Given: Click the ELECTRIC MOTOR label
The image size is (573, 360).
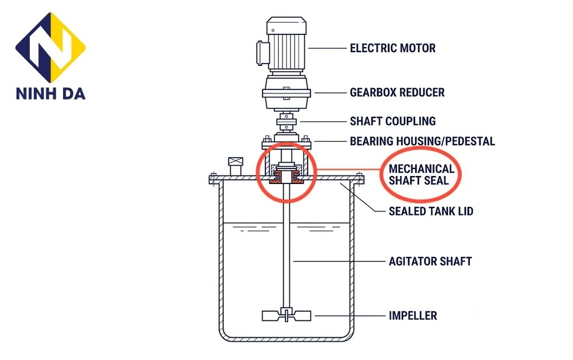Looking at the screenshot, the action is click(x=393, y=48).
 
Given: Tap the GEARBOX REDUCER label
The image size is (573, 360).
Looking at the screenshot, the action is click(x=397, y=92).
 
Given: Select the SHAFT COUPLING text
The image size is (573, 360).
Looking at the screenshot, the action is click(x=393, y=121).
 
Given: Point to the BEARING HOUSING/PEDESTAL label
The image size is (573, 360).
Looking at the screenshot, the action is click(x=422, y=141).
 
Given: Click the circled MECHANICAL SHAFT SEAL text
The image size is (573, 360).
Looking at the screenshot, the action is click(x=421, y=174).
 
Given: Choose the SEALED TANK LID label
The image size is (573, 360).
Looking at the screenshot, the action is click(x=431, y=212).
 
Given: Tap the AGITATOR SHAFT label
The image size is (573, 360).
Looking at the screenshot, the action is click(x=430, y=261).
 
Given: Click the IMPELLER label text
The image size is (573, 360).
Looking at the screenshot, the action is click(x=413, y=316).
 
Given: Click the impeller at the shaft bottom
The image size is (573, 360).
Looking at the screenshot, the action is click(x=286, y=315).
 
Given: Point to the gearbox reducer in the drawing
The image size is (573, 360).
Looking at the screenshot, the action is click(x=286, y=93).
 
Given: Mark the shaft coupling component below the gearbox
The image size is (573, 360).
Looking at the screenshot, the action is click(x=286, y=122).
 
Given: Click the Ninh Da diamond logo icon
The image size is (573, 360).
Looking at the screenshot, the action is click(x=50, y=47).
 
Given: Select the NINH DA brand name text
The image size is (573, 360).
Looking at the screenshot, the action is click(x=50, y=93).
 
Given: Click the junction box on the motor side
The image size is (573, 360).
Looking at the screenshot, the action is click(x=262, y=53).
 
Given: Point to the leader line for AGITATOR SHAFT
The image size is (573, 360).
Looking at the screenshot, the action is click(x=339, y=261).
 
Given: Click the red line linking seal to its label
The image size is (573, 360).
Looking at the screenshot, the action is click(x=348, y=170).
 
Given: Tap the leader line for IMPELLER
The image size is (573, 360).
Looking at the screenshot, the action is click(x=350, y=316).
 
